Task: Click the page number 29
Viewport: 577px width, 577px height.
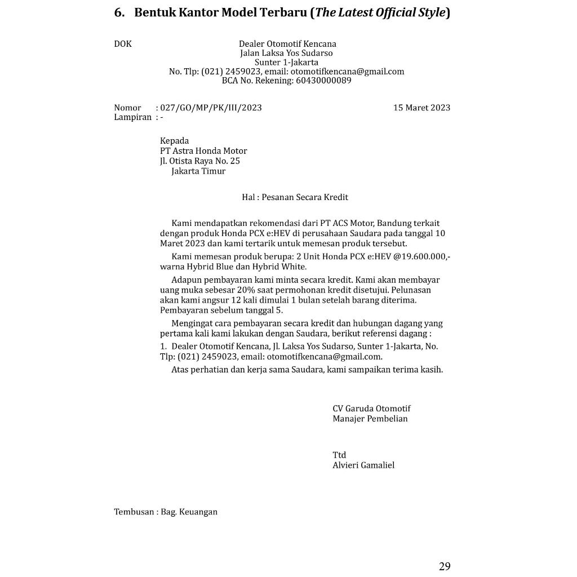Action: (x=445, y=566)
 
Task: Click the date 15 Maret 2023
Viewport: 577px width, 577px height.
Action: (x=421, y=108)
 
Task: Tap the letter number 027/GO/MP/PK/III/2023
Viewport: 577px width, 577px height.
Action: (x=211, y=108)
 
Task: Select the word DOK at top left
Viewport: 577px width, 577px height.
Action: (x=123, y=44)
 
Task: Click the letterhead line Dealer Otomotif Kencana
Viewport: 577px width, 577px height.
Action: (x=287, y=44)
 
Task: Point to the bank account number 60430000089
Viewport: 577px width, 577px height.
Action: (x=323, y=81)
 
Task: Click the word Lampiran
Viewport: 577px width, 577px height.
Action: (x=133, y=117)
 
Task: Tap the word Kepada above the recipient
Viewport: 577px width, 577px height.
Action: (x=175, y=141)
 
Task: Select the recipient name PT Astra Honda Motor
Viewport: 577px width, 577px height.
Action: (x=203, y=151)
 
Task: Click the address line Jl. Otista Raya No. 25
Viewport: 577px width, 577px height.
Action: (x=200, y=161)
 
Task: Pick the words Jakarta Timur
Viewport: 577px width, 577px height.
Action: (x=198, y=171)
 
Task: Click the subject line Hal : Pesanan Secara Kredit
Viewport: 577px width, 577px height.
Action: (x=295, y=197)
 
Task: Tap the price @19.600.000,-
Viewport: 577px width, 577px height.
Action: (x=421, y=257)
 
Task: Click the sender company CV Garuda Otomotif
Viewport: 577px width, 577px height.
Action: (x=371, y=409)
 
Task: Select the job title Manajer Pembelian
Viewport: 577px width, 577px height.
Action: (x=370, y=419)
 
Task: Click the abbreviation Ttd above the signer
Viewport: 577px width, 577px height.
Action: (x=339, y=455)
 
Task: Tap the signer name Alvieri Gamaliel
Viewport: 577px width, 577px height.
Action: (x=363, y=465)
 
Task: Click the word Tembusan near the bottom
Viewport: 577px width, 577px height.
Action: (x=134, y=512)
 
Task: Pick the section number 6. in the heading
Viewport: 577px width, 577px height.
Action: (x=119, y=12)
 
